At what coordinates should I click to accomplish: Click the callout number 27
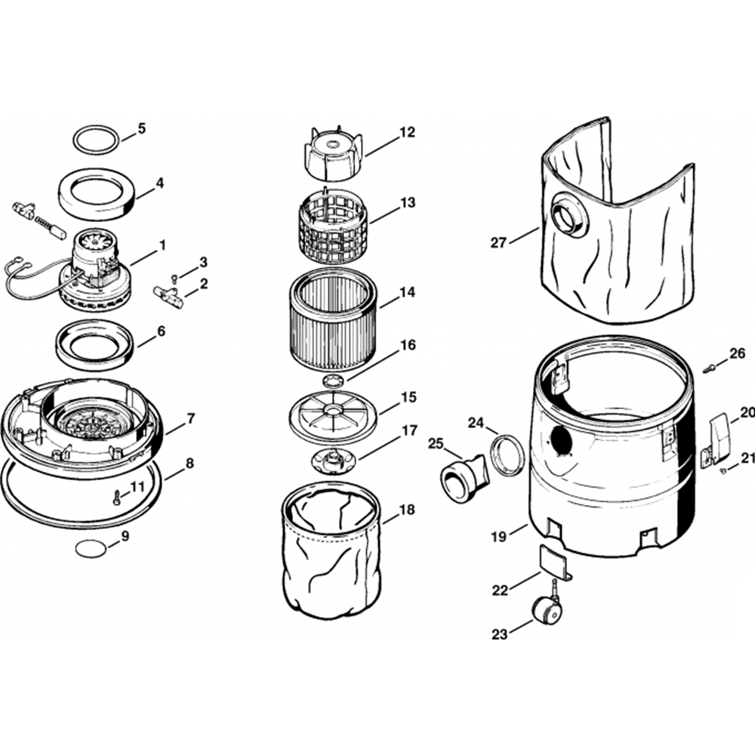tap(498, 242)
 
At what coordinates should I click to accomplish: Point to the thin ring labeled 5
tap(96, 140)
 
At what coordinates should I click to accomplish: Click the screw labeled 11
tap(116, 498)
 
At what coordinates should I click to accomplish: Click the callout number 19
tap(498, 537)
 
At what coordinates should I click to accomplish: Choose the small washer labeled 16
tap(334, 375)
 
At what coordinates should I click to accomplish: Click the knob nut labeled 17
tap(333, 457)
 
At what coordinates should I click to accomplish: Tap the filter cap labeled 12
tap(332, 149)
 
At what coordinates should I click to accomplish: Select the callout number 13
tap(408, 202)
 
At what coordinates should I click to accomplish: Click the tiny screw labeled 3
tap(174, 279)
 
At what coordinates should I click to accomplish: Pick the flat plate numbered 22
tap(553, 562)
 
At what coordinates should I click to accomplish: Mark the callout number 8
tap(190, 463)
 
